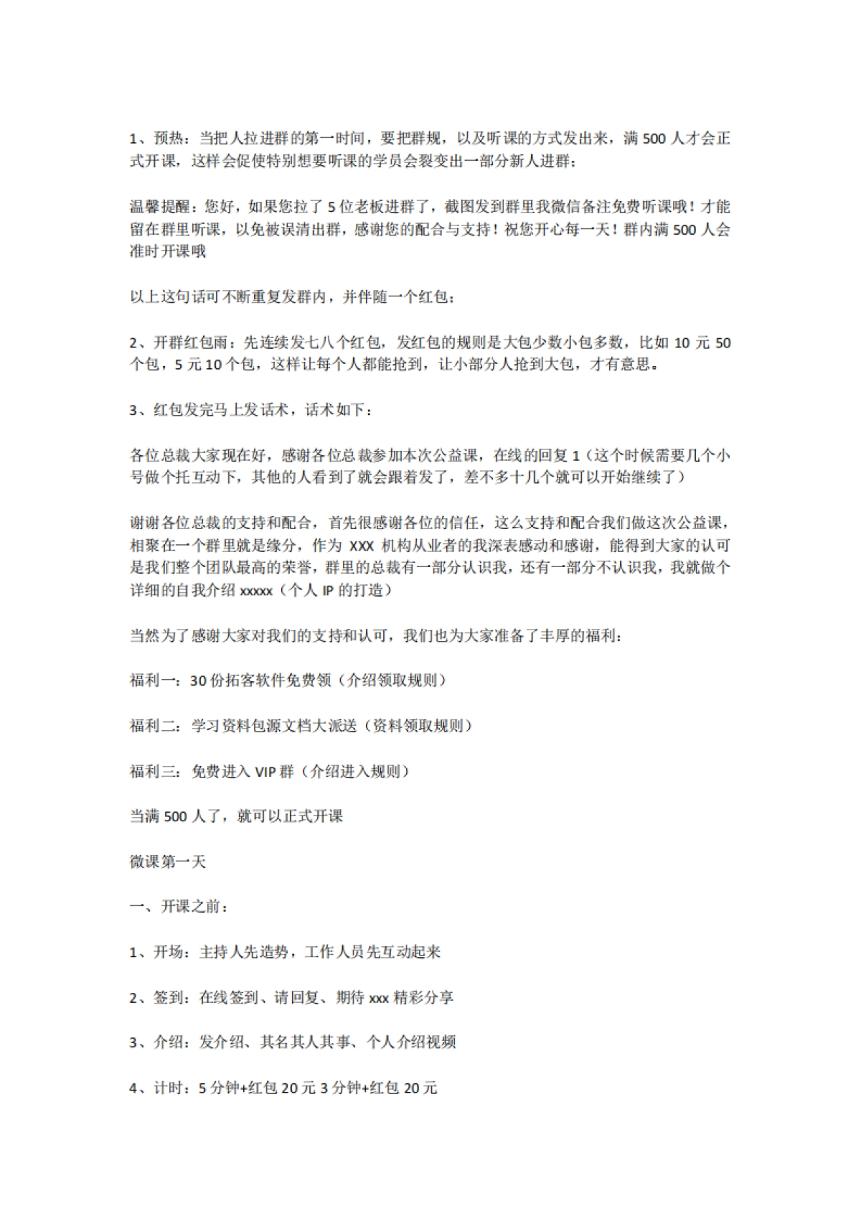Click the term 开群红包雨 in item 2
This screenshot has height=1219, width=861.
click(191, 342)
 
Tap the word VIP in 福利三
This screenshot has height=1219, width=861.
click(265, 772)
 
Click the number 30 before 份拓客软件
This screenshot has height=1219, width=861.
click(198, 681)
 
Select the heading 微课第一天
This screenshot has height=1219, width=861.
click(168, 861)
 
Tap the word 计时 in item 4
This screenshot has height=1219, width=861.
click(169, 1088)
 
